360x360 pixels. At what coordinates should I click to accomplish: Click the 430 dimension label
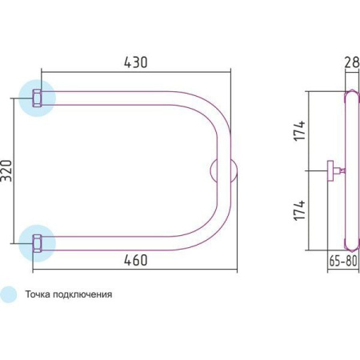135,62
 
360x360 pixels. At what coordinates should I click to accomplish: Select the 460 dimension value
135,260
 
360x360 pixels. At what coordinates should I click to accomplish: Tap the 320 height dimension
6,170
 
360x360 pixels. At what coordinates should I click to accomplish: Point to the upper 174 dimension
300,130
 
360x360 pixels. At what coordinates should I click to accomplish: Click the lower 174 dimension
300,210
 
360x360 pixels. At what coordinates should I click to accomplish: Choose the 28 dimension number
352,62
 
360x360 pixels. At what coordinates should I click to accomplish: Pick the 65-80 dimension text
343,261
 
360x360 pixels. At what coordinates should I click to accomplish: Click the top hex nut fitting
37,98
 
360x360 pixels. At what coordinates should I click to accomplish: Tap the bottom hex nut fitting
37,243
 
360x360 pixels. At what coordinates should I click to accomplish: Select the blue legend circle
8,294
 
